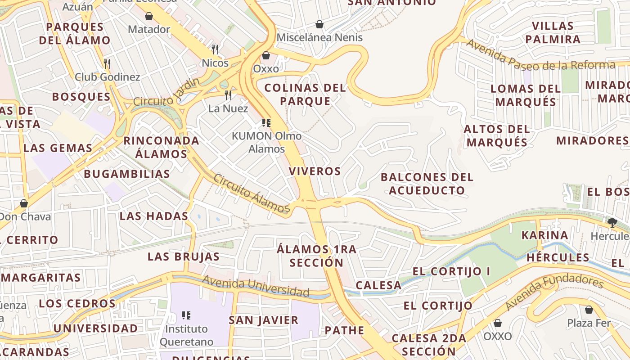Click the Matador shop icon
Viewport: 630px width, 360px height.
149,17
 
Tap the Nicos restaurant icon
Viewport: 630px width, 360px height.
215,49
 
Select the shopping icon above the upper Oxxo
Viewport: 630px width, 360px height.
266,55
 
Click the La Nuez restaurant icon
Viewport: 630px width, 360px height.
228,95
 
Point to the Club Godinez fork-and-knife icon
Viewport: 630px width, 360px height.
107,63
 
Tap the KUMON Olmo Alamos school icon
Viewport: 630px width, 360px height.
266,122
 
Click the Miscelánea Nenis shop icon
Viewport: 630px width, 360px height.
319,24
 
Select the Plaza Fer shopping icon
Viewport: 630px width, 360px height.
589,310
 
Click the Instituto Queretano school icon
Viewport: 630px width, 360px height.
186,315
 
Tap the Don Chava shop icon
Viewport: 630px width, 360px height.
24,203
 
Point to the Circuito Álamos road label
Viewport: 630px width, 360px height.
252,193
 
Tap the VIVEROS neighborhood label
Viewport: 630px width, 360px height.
315,171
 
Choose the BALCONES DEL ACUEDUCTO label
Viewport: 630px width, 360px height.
427,184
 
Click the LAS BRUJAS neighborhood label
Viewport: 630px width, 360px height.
184,256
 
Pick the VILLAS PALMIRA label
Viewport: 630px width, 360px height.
556,32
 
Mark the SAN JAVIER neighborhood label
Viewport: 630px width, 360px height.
264,320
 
